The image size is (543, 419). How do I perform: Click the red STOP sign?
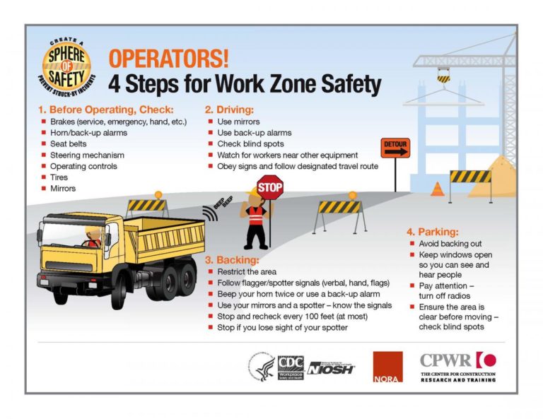click(269, 187)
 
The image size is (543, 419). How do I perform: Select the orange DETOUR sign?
click(395, 148)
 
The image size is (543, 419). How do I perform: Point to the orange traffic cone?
click(438, 189)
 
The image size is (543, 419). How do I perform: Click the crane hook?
click(443, 76)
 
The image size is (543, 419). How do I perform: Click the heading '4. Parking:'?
click(432, 231)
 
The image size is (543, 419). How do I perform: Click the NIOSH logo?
click(332, 367)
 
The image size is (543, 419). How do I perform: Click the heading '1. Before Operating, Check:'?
click(105, 110)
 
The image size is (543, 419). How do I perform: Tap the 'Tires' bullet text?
click(59, 177)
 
